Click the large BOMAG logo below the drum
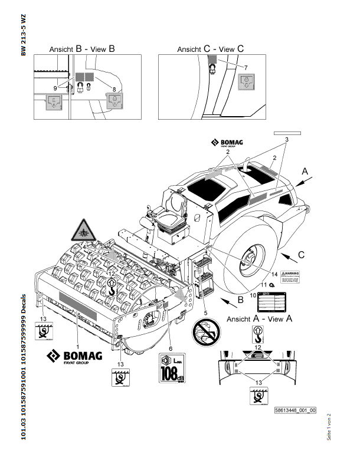click(x=75, y=358)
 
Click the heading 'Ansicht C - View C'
click(x=210, y=50)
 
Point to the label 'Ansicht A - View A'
click(x=260, y=318)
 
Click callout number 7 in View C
click(x=246, y=69)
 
